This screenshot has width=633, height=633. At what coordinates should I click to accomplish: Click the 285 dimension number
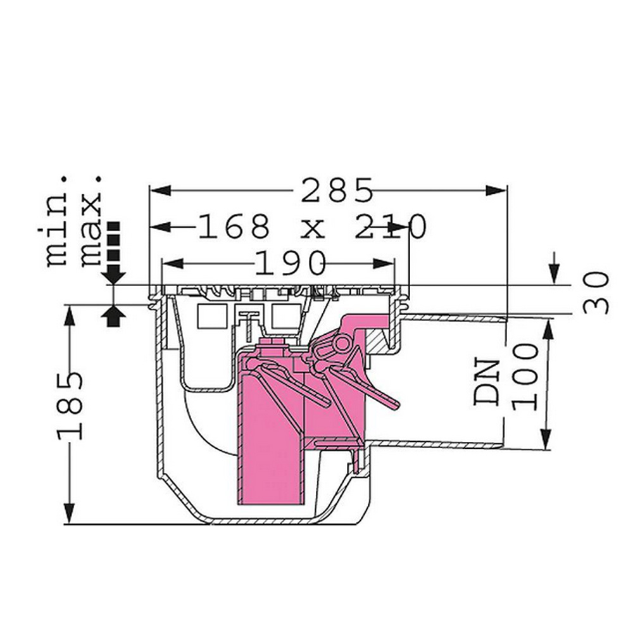[337, 191]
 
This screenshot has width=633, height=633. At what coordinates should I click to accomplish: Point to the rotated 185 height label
[70, 406]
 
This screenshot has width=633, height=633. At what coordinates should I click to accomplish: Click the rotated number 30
[596, 292]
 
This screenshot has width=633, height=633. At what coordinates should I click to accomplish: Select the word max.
[91, 222]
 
